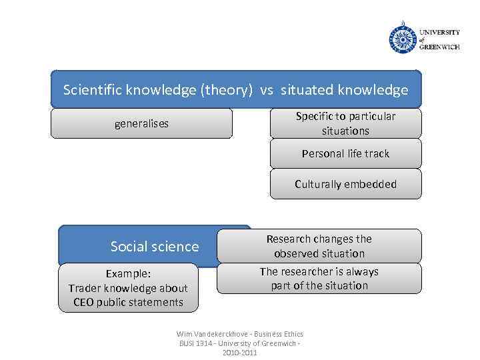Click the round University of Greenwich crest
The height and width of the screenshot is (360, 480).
click(402, 38)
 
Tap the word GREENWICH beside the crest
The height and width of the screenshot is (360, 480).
click(439, 47)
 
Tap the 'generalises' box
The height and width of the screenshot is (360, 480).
click(141, 123)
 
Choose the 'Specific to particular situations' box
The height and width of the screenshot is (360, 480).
click(345, 123)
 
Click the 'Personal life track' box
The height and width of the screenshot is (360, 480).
click(345, 153)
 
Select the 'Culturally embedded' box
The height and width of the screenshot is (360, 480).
click(345, 184)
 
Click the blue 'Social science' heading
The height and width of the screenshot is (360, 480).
click(155, 247)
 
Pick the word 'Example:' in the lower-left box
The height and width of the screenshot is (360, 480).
click(128, 274)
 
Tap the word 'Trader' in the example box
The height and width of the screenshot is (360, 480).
click(85, 288)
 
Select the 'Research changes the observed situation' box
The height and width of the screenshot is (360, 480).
click(319, 246)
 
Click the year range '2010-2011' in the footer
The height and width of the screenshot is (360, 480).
click(239, 353)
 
